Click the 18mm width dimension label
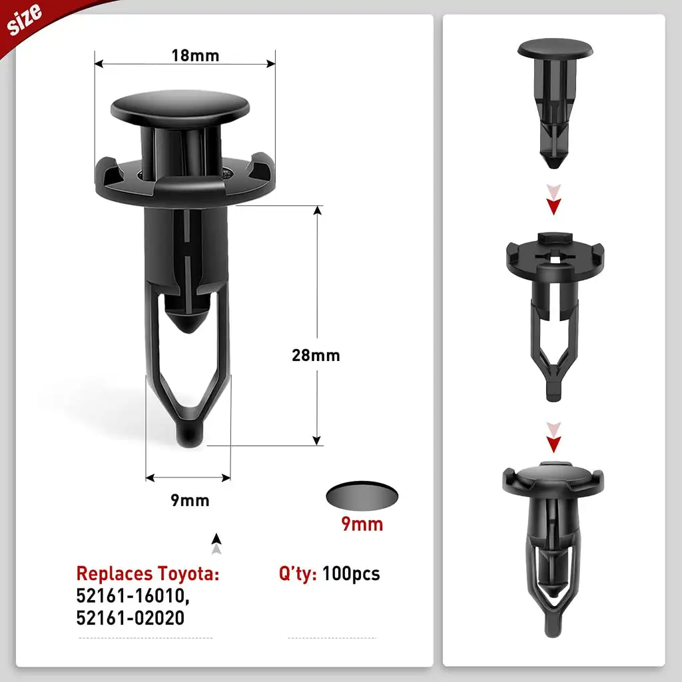(x=194, y=55)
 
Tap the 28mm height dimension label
(x=316, y=355)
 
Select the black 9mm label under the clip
(x=190, y=500)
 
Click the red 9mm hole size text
(x=362, y=523)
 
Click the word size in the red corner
(x=25, y=19)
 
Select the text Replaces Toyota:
(x=147, y=573)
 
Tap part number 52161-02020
(x=131, y=619)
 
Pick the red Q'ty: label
(x=298, y=573)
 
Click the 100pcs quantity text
(x=351, y=573)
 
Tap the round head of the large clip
(x=180, y=107)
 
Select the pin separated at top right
(x=555, y=100)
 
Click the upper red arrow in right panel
(x=552, y=202)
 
